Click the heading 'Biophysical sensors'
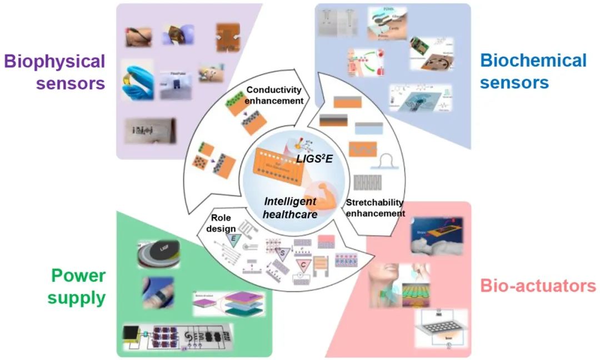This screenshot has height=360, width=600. [x=54, y=72]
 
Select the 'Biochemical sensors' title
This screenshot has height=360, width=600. [x=533, y=71]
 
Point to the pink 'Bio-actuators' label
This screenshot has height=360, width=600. [x=538, y=287]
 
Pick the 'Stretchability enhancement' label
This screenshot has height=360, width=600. [x=374, y=208]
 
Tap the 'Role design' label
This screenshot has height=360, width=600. [x=223, y=222]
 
